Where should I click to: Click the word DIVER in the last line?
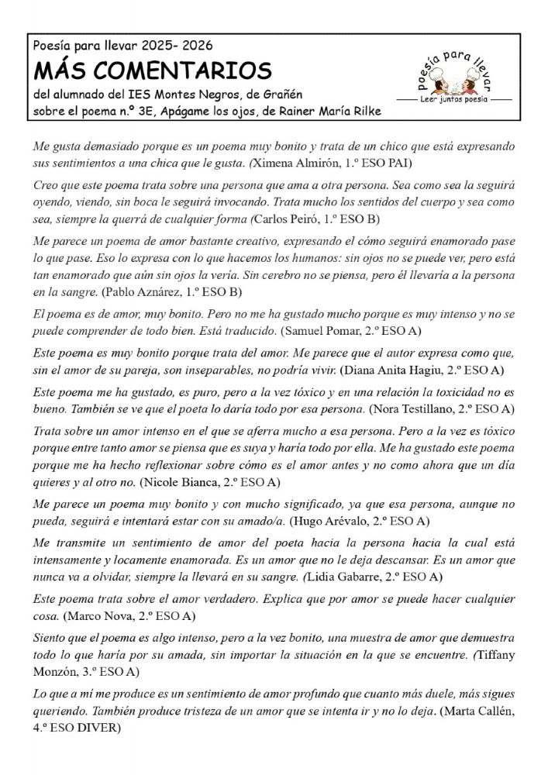click(x=97, y=728)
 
